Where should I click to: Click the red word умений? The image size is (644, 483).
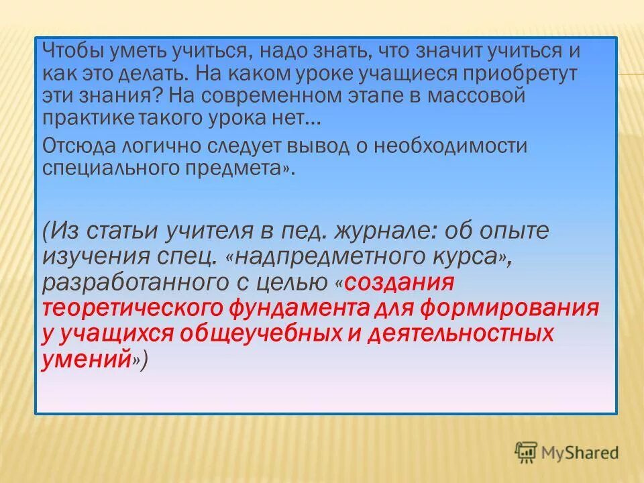point(87,359)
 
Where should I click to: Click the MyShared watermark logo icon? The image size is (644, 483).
point(527,452)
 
